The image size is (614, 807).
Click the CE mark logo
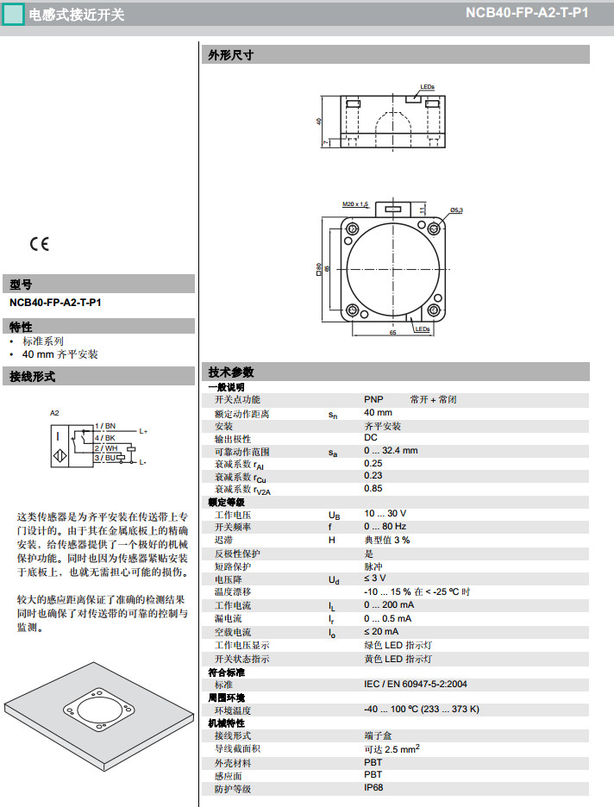click(x=40, y=244)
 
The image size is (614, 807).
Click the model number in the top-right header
click(x=527, y=13)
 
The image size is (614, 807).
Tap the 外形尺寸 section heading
click(x=230, y=55)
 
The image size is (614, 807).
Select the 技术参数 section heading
click(x=230, y=372)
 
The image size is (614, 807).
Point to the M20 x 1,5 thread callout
click(x=354, y=204)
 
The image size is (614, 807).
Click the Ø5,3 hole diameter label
click(x=456, y=210)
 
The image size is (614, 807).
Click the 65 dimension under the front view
click(x=392, y=331)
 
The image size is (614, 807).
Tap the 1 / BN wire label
click(x=104, y=426)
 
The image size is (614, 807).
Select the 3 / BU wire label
click(x=104, y=458)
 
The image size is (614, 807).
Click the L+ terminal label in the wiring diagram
click(x=143, y=431)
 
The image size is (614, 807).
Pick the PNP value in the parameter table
click(x=373, y=400)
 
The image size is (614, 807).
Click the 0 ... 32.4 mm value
click(x=390, y=451)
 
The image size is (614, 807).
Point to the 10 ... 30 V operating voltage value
click(x=385, y=515)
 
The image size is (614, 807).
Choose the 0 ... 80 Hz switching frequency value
click(x=385, y=527)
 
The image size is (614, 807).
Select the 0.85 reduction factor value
click(x=373, y=489)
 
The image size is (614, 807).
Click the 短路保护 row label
click(x=232, y=566)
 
